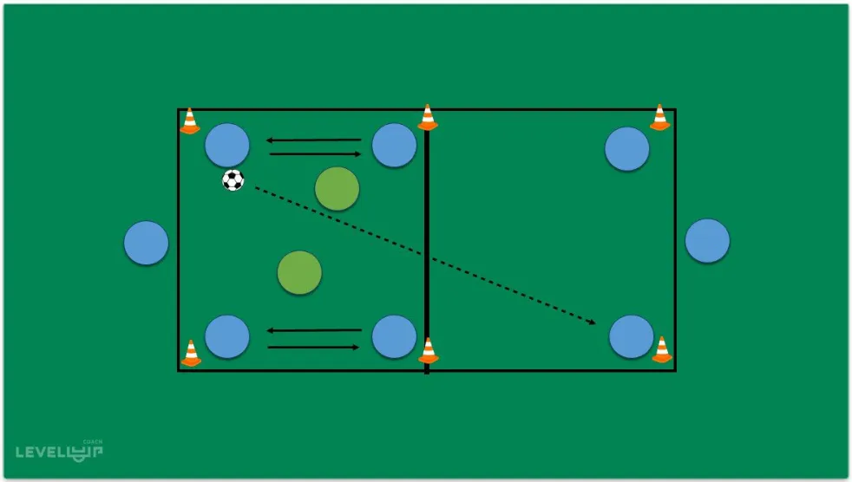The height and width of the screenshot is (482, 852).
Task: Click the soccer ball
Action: (233, 180)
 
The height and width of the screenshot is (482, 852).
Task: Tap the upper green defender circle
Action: (337, 189)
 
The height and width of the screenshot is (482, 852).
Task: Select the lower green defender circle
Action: (299, 272)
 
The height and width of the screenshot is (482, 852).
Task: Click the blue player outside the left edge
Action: (146, 243)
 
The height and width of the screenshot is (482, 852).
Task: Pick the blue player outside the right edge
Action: (707, 241)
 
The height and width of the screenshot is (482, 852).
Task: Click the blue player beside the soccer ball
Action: (227, 145)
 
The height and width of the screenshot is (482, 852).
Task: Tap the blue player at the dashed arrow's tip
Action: (631, 336)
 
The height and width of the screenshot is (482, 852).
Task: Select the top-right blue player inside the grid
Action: (627, 148)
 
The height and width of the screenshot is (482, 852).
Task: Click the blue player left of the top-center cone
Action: (394, 145)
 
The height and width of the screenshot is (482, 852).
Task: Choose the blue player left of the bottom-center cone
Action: (394, 336)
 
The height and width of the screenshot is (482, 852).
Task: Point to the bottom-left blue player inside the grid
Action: (227, 336)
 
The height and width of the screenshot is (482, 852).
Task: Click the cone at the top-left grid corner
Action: (190, 121)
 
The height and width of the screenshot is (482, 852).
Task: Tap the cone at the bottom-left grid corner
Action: (191, 353)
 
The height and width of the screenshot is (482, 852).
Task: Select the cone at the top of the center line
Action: (427, 118)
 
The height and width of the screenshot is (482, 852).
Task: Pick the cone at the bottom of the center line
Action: (428, 350)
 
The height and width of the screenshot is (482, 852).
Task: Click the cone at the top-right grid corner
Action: (660, 118)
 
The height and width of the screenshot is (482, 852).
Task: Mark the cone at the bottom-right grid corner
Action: (662, 349)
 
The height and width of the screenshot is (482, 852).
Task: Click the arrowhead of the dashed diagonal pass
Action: (593, 322)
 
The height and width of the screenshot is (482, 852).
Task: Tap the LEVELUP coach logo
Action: (59, 450)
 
